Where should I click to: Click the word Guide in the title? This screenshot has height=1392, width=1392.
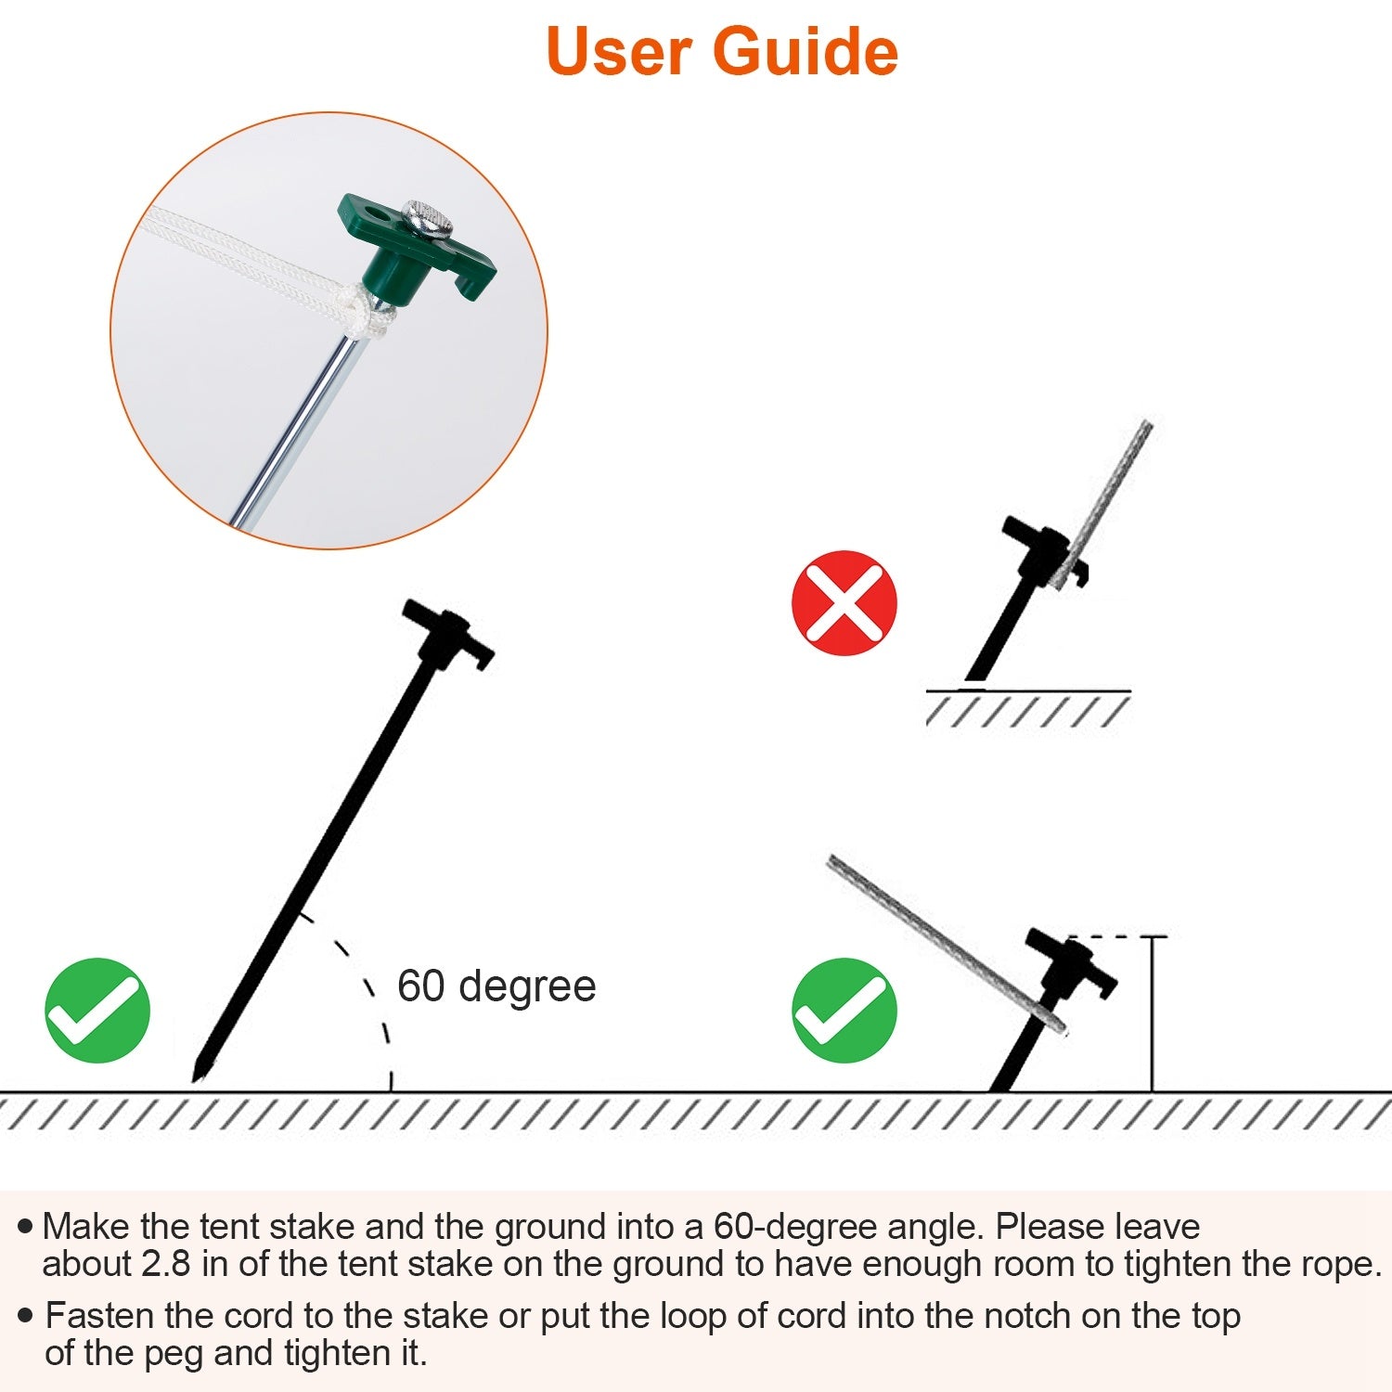click(805, 51)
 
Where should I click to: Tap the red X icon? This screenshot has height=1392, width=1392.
click(844, 603)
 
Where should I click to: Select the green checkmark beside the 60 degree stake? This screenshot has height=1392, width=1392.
click(97, 1010)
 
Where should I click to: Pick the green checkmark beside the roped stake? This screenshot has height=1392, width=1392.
click(844, 1010)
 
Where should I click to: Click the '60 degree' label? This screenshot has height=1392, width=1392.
click(496, 986)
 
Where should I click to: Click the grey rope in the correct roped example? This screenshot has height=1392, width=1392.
click(937, 937)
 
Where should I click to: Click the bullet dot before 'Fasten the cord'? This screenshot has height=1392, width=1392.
click(25, 1315)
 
